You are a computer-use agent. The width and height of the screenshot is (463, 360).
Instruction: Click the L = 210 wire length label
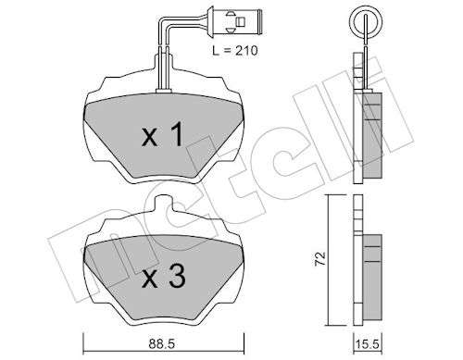tap(235, 51)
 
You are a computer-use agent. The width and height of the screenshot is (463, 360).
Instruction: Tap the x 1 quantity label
tap(163, 134)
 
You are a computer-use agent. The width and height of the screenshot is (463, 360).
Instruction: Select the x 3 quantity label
tap(164, 277)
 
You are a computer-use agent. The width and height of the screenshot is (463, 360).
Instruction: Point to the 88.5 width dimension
tap(161, 344)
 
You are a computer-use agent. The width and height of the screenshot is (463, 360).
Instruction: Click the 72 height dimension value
tap(320, 258)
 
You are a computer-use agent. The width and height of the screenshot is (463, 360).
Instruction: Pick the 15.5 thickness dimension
tap(367, 344)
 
